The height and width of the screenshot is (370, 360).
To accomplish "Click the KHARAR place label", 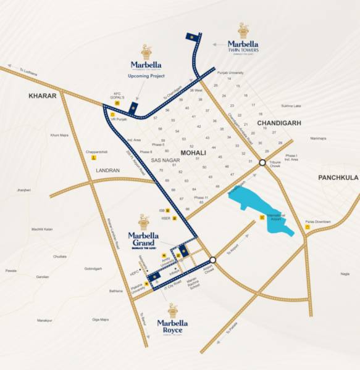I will (x=42, y=96).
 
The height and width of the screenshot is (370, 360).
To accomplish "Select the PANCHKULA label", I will (x=338, y=178).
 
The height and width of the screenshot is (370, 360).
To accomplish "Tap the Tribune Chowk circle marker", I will (x=262, y=163).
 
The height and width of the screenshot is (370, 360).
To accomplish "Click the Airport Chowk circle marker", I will (x=212, y=260).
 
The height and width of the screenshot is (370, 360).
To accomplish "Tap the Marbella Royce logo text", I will (x=173, y=325).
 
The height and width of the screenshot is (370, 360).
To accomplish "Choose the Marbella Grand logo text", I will (x=143, y=239).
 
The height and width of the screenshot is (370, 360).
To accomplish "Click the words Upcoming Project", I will (x=147, y=76).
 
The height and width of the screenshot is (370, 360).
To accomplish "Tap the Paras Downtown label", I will (x=317, y=222).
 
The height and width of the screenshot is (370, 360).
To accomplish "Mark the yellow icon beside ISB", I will (x=175, y=210).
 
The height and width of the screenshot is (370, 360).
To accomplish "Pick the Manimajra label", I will (x=317, y=139).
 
